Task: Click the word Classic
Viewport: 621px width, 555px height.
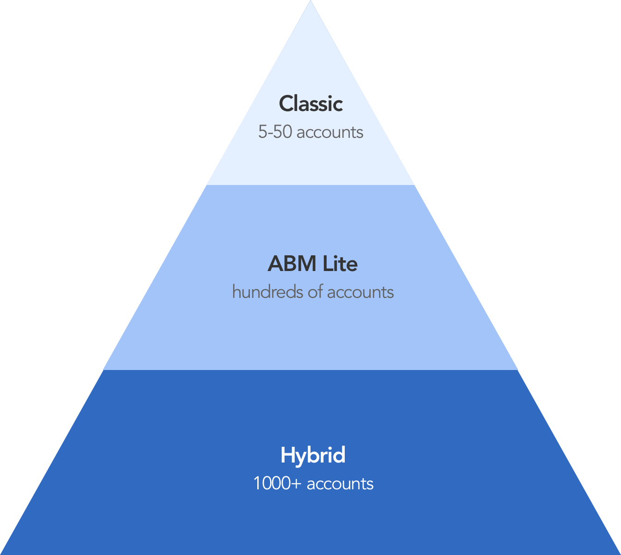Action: click(x=310, y=104)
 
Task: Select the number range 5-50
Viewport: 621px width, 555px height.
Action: click(x=275, y=132)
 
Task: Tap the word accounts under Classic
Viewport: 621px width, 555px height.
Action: click(x=330, y=133)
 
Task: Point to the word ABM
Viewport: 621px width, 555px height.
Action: click(x=286, y=264)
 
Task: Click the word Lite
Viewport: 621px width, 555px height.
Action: click(x=340, y=264)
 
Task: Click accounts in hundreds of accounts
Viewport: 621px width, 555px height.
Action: click(x=360, y=293)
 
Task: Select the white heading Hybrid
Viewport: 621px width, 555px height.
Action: click(x=313, y=455)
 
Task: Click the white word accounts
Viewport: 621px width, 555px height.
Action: click(x=340, y=484)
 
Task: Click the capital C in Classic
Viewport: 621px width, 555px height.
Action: click(x=286, y=104)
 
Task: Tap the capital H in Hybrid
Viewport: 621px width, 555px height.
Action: click(x=287, y=455)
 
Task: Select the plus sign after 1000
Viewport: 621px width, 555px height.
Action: click(x=296, y=484)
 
